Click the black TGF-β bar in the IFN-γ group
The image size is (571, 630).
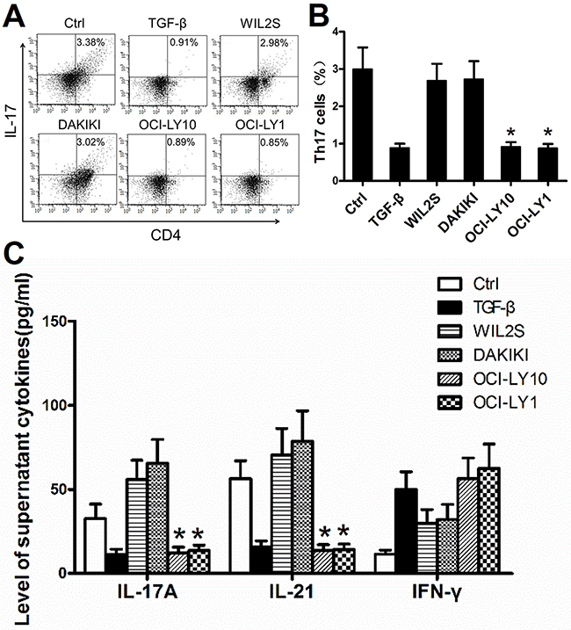click(x=406, y=531)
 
